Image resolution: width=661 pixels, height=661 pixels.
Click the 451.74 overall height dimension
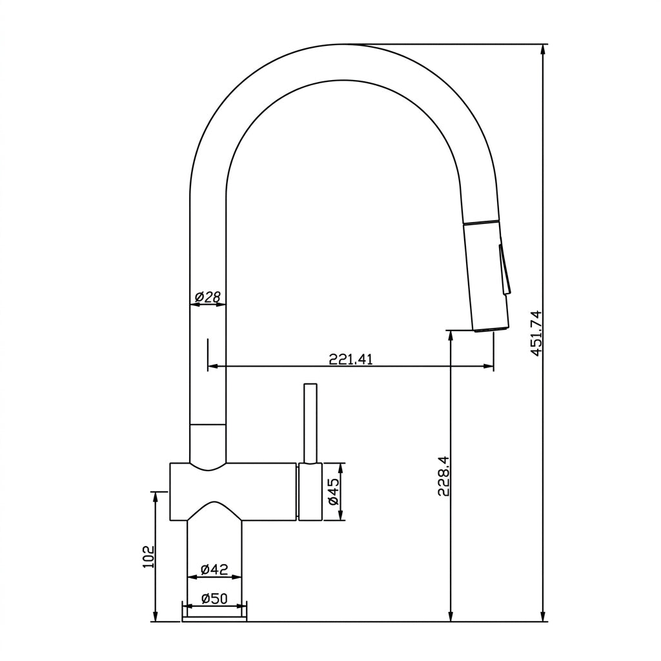(x=536, y=334)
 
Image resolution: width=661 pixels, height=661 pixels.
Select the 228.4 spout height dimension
(x=443, y=476)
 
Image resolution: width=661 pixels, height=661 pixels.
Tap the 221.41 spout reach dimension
(x=351, y=359)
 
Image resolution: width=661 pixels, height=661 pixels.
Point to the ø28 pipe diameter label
(x=208, y=297)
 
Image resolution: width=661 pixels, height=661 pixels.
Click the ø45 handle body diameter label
(x=334, y=491)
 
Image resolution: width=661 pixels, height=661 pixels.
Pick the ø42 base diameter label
(x=214, y=569)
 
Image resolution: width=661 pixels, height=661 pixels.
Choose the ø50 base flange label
(x=214, y=598)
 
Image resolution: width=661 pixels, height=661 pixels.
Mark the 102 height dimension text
(x=148, y=556)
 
